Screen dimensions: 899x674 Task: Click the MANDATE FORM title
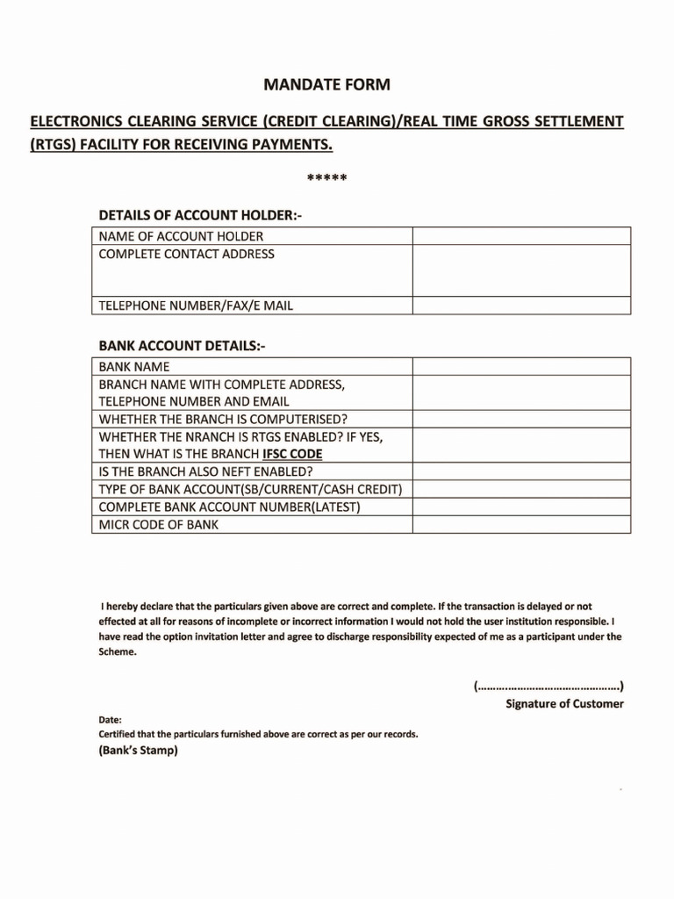(326, 85)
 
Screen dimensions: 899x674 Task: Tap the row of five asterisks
(327, 179)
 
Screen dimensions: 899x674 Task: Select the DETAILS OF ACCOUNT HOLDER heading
(200, 215)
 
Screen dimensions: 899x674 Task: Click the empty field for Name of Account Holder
(521, 236)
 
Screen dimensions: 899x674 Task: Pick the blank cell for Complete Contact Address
(521, 270)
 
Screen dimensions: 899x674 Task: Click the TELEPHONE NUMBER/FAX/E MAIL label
(196, 306)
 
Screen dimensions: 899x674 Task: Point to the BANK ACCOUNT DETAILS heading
(182, 346)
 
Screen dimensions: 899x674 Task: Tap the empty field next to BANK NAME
(521, 366)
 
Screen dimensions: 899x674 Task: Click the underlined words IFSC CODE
(292, 454)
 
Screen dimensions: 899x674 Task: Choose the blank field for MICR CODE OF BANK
(521, 524)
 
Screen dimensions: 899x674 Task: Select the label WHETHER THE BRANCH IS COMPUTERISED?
(223, 419)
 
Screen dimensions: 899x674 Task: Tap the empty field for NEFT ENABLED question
(521, 471)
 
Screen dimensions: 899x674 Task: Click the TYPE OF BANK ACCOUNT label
(250, 489)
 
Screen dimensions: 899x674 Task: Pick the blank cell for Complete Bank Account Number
(521, 507)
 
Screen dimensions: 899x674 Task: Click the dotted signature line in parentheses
(549, 685)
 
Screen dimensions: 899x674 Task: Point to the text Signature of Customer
(564, 703)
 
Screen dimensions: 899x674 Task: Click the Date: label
(111, 719)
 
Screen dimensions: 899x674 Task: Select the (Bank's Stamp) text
(139, 751)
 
